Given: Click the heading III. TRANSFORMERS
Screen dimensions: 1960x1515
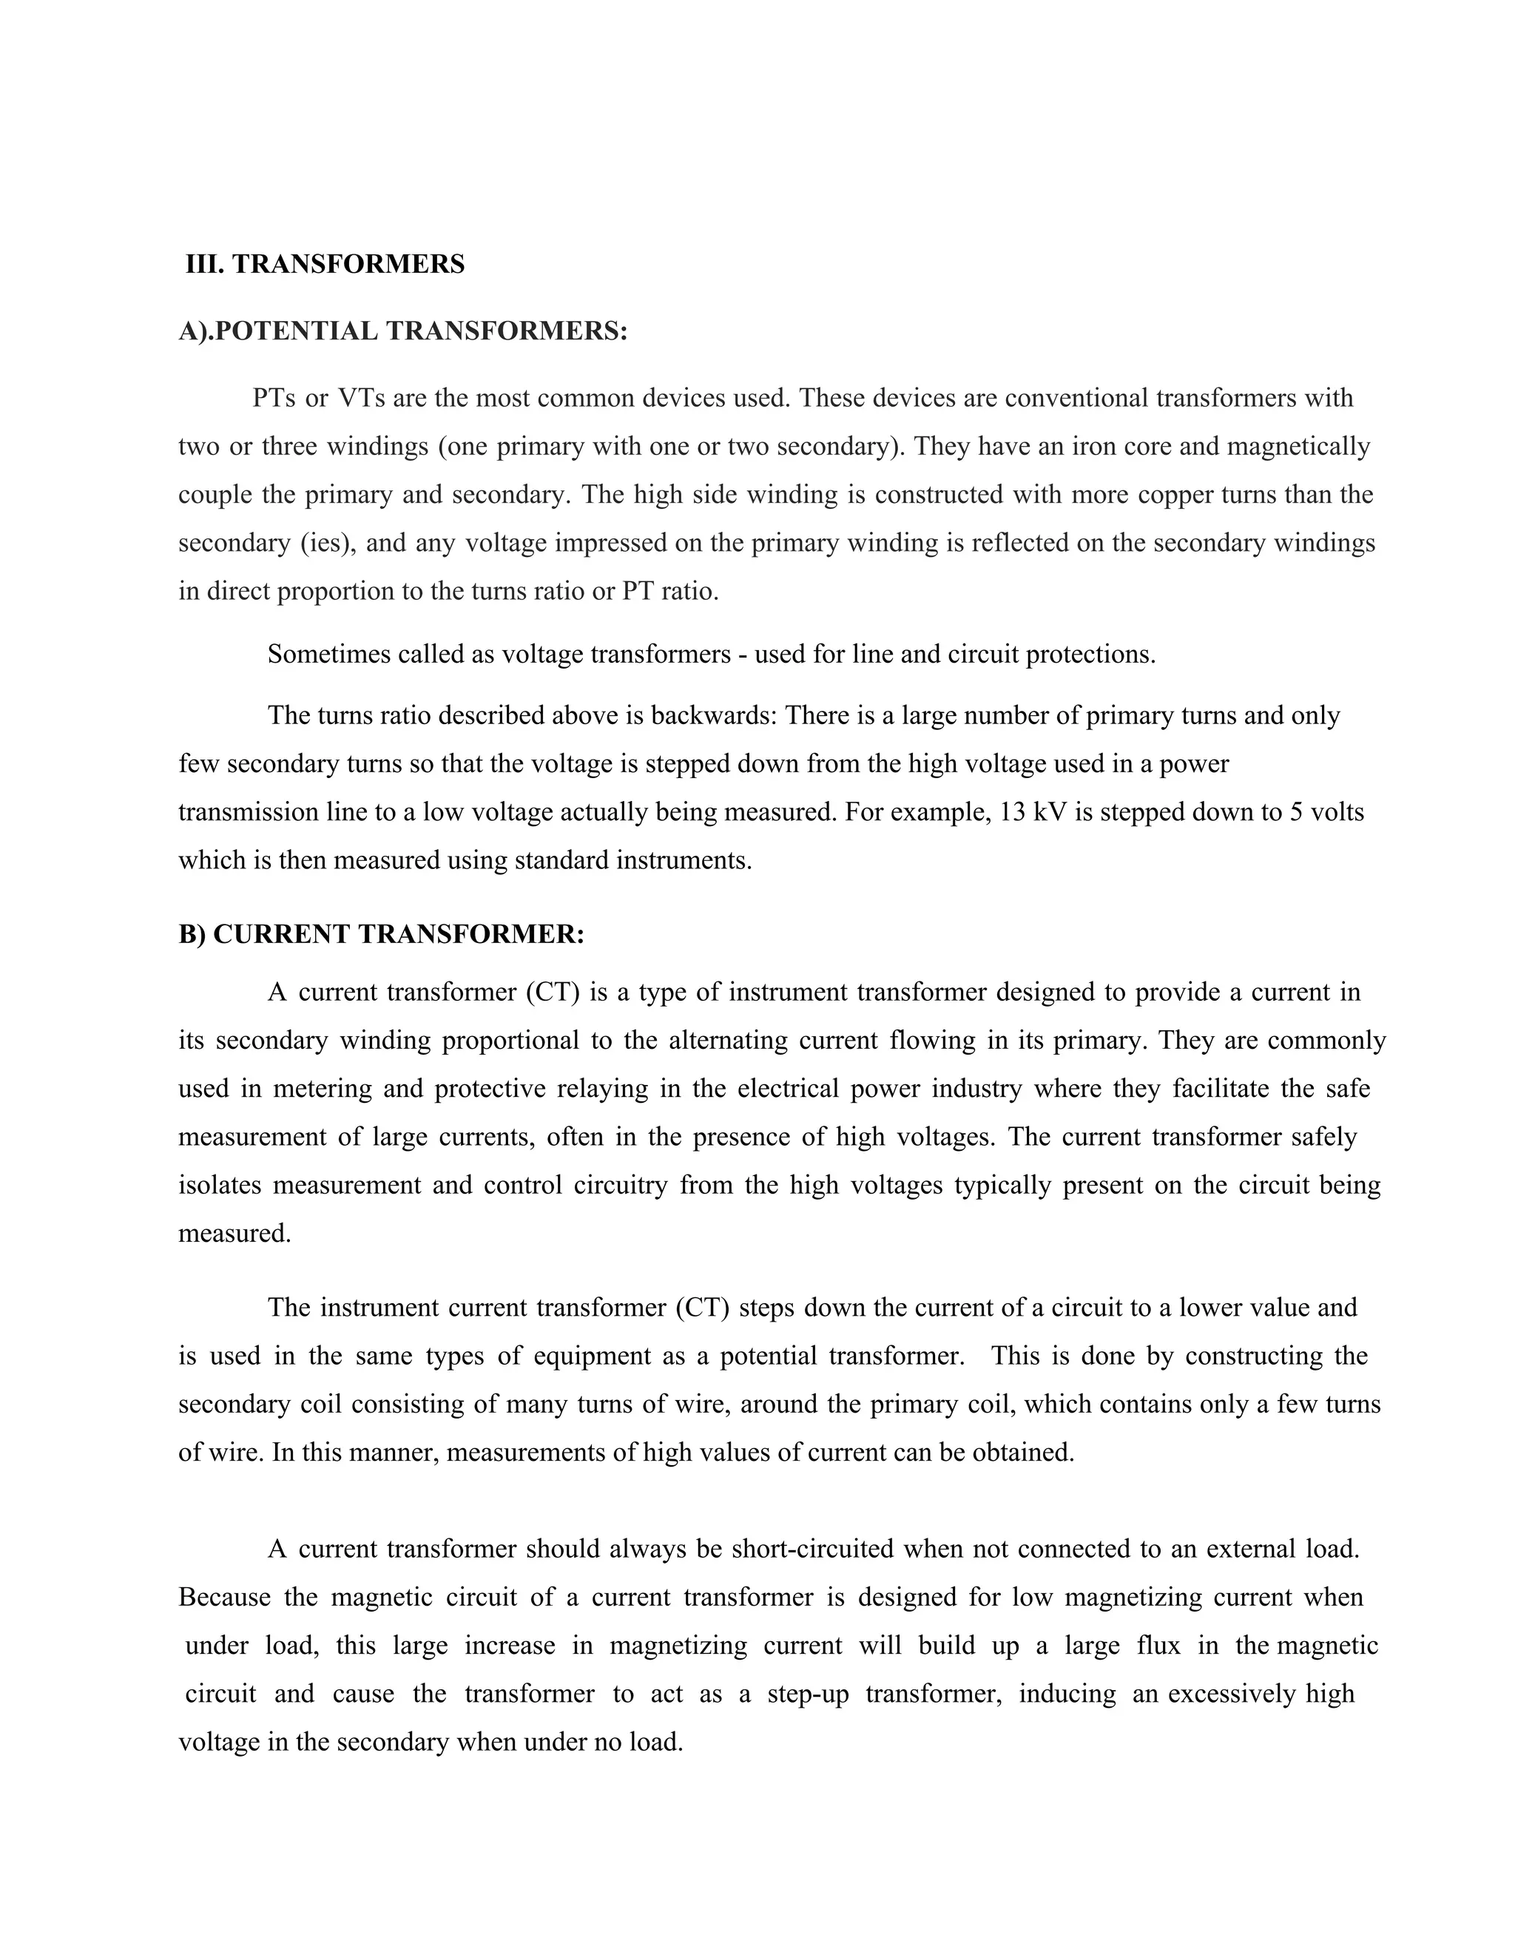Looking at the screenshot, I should [325, 265].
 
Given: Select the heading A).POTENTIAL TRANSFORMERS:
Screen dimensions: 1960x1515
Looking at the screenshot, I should [403, 331].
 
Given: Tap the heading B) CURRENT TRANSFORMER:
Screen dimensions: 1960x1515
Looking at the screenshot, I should [382, 934].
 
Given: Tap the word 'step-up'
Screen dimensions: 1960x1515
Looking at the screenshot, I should [808, 1694].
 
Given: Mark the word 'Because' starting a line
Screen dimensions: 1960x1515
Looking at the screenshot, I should [224, 1598].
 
